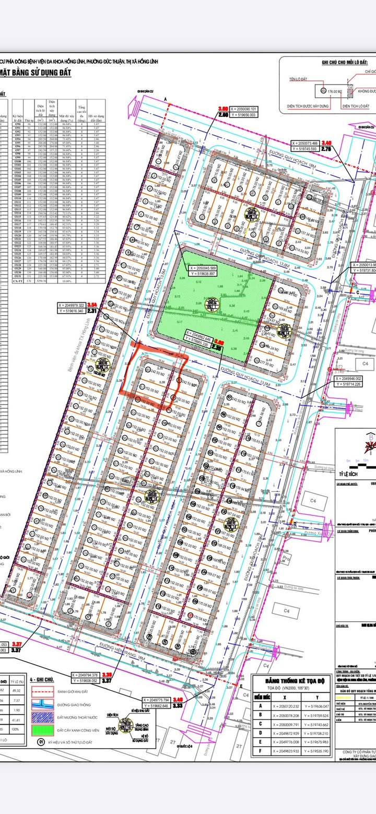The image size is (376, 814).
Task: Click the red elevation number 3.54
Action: (x=92, y=304)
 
